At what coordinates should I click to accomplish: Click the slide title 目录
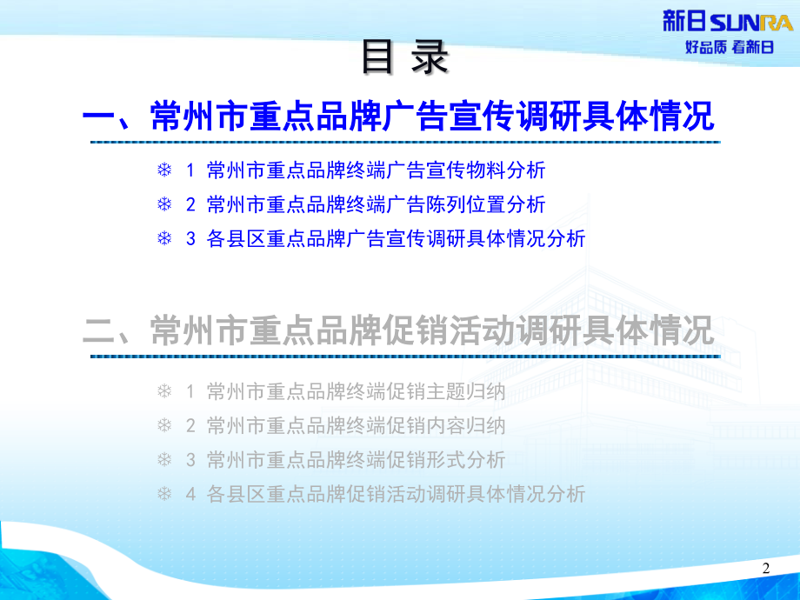click(x=405, y=59)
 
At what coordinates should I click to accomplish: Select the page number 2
click(x=766, y=569)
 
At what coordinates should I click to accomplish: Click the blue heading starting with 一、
click(x=399, y=116)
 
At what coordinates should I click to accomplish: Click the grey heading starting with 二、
click(x=399, y=330)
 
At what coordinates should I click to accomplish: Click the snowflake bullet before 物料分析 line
click(x=163, y=170)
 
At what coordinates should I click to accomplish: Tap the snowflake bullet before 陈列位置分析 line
click(x=163, y=204)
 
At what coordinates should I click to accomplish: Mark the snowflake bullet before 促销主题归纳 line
click(x=163, y=391)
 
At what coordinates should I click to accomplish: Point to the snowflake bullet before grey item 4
click(x=163, y=494)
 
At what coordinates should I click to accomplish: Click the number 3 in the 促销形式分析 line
click(x=190, y=460)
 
